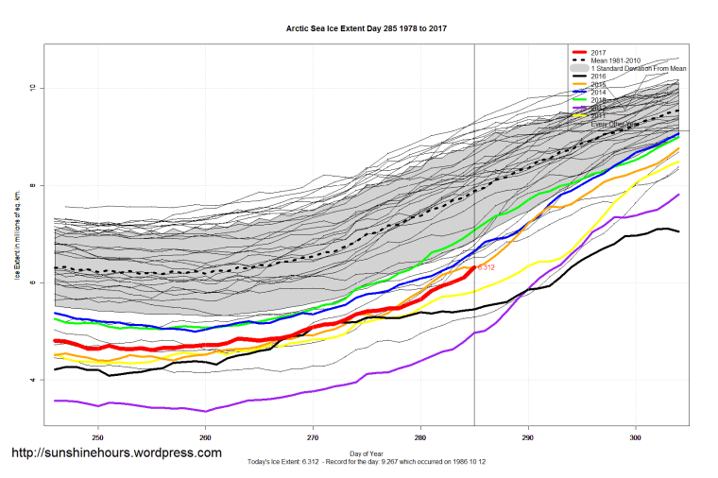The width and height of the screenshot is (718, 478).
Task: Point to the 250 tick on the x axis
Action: click(97, 437)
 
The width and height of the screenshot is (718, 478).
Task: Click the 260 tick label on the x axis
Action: click(205, 437)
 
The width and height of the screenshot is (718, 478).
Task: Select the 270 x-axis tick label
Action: click(313, 437)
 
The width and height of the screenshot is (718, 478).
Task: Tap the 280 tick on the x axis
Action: click(420, 437)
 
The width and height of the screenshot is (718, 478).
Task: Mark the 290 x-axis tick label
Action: click(528, 437)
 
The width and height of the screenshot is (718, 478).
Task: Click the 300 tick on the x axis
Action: click(636, 437)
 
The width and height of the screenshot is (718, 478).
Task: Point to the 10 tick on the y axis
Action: click(31, 88)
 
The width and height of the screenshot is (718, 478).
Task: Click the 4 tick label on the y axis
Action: click(31, 380)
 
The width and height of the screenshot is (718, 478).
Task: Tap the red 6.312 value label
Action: click(487, 267)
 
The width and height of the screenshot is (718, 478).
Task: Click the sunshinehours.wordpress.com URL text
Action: click(116, 453)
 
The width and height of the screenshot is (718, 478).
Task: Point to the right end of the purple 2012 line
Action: click(678, 195)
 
